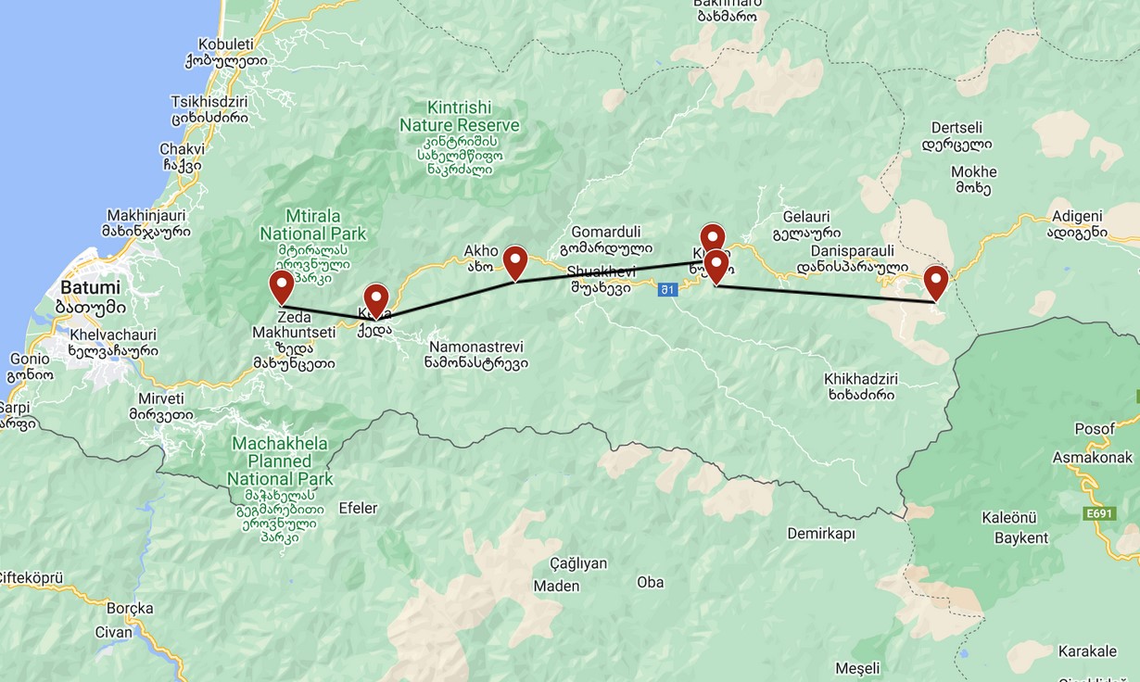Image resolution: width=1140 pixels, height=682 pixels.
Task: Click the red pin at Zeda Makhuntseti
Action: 282,286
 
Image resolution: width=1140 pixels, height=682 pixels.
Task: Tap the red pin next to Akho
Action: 515,262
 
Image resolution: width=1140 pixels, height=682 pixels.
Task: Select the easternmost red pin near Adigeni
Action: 936,282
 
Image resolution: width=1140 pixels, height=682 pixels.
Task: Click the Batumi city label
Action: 91,287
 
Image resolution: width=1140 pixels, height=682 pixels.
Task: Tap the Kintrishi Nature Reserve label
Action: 459,116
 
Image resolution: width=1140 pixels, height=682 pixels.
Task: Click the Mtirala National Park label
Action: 313,225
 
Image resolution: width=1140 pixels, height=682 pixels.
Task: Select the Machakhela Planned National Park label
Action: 280,461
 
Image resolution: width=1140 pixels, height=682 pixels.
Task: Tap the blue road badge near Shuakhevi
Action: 667,290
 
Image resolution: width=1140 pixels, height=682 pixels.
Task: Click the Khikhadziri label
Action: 861,379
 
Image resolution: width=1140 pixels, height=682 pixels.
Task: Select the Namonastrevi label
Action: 478,346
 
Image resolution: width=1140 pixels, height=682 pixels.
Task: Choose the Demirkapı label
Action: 821,534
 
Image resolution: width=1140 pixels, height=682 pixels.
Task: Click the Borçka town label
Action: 130,608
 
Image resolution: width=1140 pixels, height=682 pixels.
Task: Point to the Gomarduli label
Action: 606,232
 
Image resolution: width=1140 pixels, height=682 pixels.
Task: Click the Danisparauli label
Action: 853,251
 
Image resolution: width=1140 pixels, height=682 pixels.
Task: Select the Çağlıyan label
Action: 578,563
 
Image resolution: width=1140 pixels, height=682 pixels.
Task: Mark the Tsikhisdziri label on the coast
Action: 209,101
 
